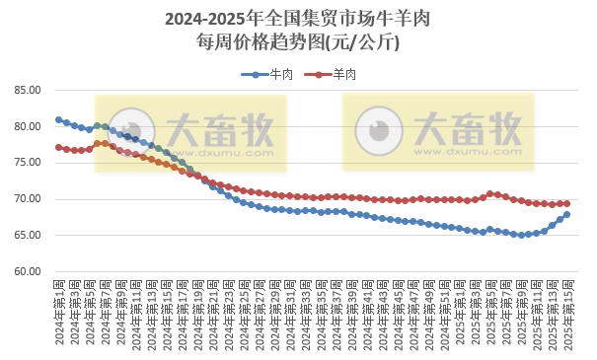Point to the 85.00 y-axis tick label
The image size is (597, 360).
27,91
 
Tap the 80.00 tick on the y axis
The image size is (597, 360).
27,127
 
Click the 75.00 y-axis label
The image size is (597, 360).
27,163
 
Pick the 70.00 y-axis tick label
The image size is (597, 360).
27,199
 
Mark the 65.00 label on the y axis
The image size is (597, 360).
27,236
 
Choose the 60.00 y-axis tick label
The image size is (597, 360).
27,271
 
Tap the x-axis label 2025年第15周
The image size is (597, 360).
567,311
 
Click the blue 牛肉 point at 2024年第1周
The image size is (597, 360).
58,120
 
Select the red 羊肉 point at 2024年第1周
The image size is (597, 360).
58,147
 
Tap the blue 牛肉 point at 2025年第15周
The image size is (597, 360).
567,214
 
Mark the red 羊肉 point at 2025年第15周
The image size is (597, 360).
567,203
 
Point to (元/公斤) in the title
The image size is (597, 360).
363,43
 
